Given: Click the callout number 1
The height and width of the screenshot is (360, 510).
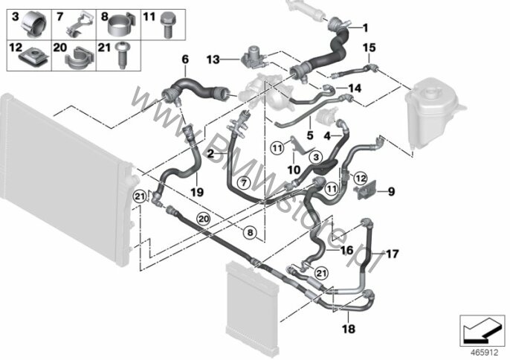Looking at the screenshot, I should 365,28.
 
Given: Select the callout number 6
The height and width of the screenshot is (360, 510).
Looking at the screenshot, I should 186,58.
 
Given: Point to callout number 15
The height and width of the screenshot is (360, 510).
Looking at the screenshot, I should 369,48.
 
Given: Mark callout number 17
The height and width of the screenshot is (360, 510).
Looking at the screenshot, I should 392,254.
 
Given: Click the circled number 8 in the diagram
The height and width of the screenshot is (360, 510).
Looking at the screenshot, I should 251,234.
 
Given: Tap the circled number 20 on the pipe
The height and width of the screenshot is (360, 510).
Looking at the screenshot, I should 202,218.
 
